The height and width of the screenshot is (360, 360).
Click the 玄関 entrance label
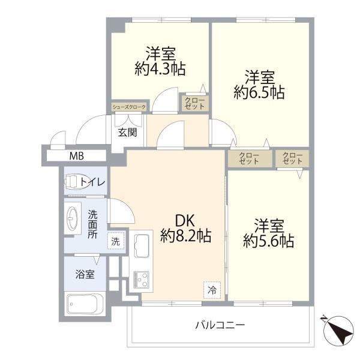tap(127, 132)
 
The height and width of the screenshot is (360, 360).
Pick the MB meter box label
tap(76, 157)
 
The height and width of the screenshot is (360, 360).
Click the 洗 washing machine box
tap(116, 241)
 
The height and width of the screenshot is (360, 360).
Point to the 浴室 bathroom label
tap(83, 275)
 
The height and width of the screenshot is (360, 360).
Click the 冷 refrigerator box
tap(212, 289)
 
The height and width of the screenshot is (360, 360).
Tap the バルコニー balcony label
tap(220, 325)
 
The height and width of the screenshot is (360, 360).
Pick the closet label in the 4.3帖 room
tap(194, 103)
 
